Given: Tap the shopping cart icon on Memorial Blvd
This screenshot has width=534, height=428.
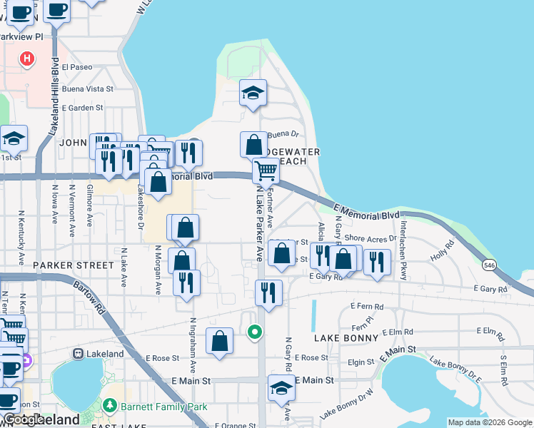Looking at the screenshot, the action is pos(266,171).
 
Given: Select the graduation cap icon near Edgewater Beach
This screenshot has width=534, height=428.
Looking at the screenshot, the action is pos(252,93).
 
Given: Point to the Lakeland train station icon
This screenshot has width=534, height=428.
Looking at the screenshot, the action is pos(77,353).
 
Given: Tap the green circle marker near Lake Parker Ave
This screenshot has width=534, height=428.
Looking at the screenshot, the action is pos(253,331).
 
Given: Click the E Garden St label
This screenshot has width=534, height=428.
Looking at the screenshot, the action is pos(83,108).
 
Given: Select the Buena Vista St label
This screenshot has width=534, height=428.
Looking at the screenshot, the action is pos(88,89).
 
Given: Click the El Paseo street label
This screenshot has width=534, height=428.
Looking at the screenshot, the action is pos(77,67).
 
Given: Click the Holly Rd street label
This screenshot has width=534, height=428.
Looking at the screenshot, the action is pos(443,251).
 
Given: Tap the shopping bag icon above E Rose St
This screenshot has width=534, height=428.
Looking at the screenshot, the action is pos(219,341).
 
